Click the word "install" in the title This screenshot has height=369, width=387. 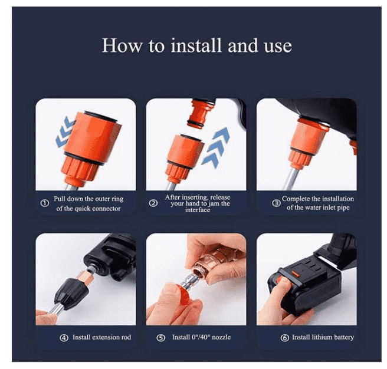(x=197, y=45)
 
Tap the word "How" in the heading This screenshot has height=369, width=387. (x=122, y=45)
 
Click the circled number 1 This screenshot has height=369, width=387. (x=45, y=203)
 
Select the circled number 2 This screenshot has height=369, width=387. (x=153, y=203)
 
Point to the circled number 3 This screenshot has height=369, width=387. (x=276, y=203)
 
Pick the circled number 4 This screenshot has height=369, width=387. (x=64, y=338)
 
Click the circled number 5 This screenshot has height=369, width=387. (x=161, y=338)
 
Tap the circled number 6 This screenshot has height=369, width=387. (x=284, y=338)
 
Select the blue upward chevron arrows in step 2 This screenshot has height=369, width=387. (x=216, y=147)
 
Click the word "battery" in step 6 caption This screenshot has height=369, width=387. (x=342, y=337)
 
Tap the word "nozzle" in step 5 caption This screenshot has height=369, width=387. (x=221, y=337)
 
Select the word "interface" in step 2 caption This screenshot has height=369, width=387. (x=198, y=210)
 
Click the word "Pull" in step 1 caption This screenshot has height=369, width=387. (x=59, y=199)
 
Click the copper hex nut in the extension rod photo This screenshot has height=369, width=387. (x=86, y=277)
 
